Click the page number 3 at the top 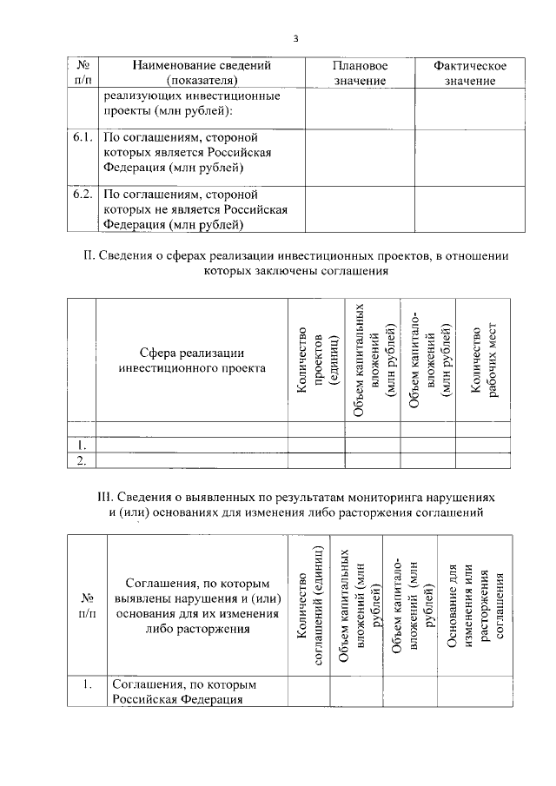[295, 39]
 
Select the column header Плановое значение [360, 73]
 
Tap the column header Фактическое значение [469, 73]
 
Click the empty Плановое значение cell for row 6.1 [360, 157]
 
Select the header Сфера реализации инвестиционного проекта [191, 360]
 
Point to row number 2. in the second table [82, 460]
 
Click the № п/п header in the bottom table [87, 605]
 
